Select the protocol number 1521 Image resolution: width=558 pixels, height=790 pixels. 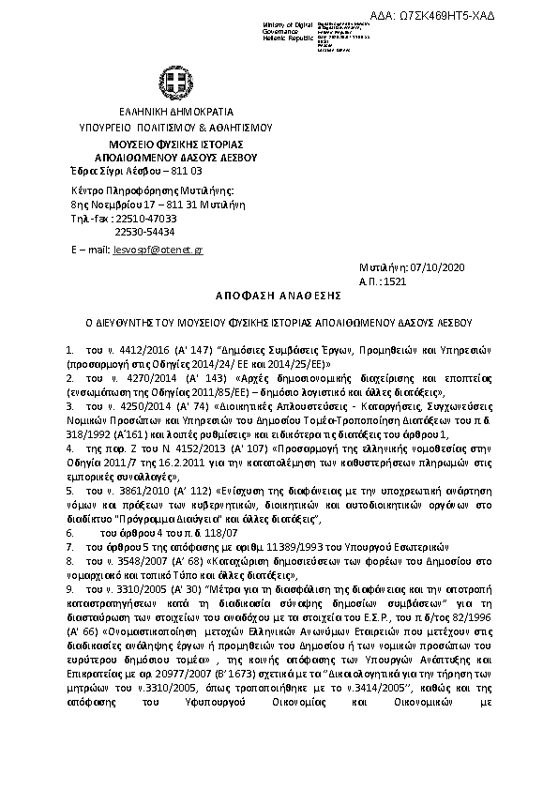coord(396,281)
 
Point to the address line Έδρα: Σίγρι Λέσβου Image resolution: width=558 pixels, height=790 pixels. coord(137,171)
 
